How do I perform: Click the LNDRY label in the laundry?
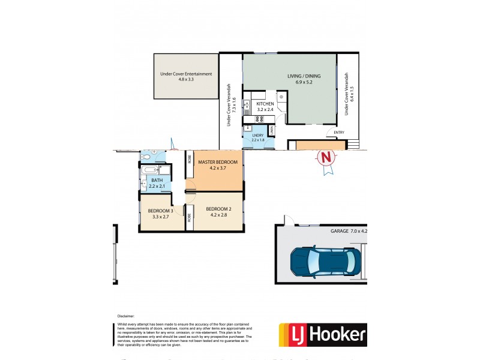pos(258,136)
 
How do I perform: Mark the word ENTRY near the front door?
pos(340,133)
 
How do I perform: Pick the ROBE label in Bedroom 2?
pos(188,215)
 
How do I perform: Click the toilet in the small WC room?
pos(146,157)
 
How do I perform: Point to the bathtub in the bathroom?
pos(151,171)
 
